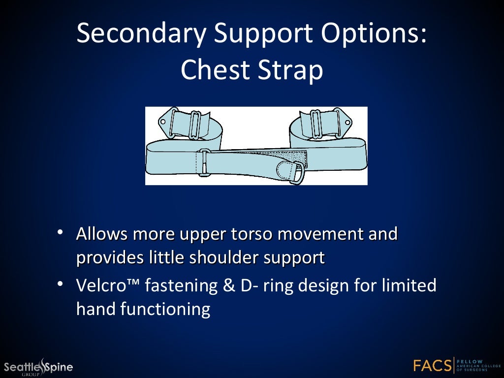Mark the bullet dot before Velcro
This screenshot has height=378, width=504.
(x=60, y=284)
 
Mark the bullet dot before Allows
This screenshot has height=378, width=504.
(x=60, y=233)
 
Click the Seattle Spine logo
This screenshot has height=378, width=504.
(x=38, y=367)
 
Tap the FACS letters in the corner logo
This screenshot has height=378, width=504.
(x=432, y=366)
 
